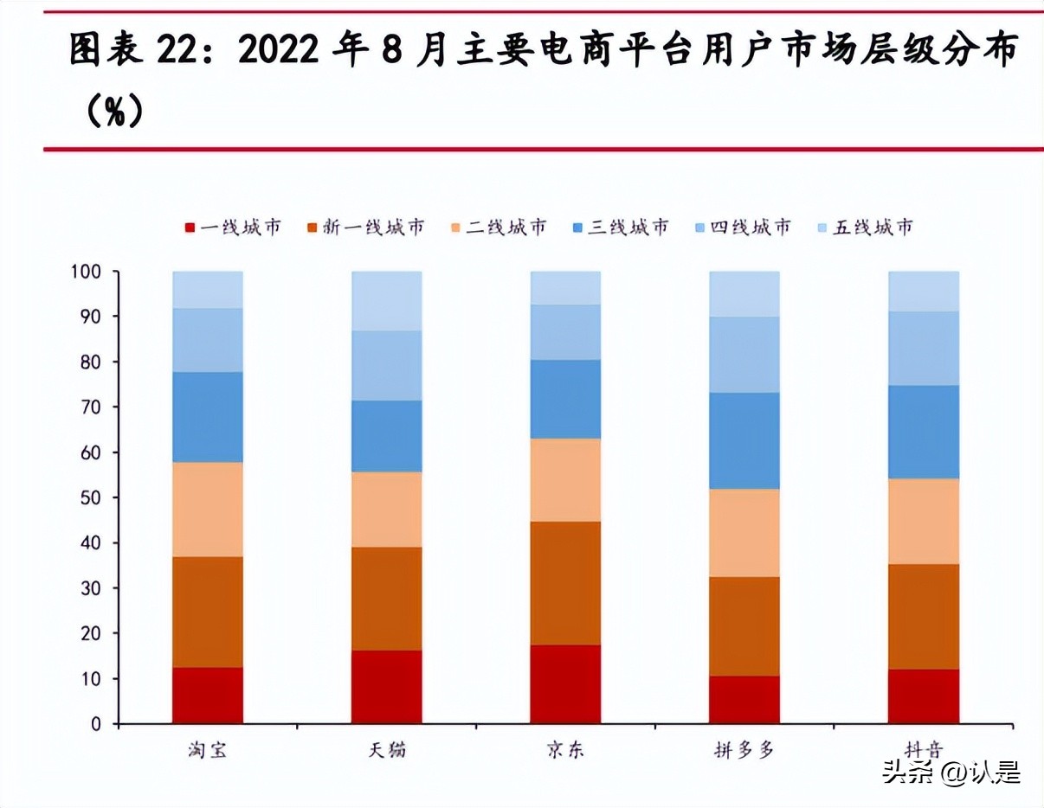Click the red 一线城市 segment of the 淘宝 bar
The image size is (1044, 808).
point(208,695)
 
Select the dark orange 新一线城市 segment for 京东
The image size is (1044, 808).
point(565,582)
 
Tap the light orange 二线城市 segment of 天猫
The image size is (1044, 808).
point(386,509)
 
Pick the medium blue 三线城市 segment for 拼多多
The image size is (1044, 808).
point(744,440)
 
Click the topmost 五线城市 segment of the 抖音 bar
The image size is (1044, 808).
point(924,291)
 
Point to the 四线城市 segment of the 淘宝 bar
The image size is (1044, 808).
point(208,340)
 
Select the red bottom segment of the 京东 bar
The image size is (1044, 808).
point(565,683)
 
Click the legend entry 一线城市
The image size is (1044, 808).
point(234,228)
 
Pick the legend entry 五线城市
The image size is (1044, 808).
point(865,228)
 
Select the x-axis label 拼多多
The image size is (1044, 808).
point(744,750)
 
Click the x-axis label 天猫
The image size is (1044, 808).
point(386,750)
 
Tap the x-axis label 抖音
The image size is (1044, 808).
point(923,750)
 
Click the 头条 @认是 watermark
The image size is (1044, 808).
point(951,772)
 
